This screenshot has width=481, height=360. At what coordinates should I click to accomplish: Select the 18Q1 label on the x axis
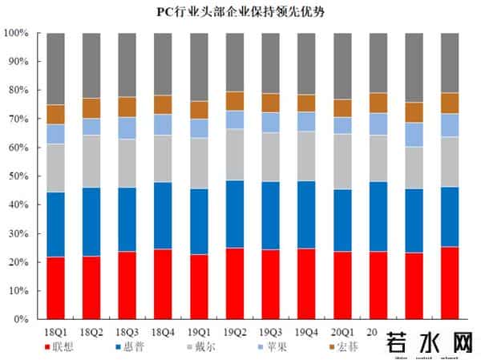55,330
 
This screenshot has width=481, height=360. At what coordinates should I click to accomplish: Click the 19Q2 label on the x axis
235,330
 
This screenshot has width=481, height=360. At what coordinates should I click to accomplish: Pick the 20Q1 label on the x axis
342,330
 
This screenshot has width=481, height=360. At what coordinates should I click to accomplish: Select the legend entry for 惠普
131,347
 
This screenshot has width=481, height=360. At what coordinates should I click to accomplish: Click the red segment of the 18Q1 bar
55,288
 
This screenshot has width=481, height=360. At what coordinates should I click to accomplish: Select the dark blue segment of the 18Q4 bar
164,216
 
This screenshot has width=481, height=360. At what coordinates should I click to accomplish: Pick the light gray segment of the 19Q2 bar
235,154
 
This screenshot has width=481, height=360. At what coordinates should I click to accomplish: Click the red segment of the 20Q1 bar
342,285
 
